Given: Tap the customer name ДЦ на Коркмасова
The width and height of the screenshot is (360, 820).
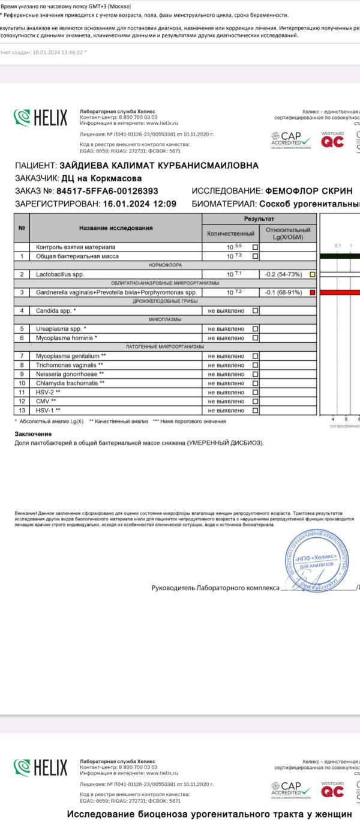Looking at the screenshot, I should tap(101, 178).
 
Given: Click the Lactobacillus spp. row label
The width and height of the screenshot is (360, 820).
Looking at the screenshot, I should tap(61, 274).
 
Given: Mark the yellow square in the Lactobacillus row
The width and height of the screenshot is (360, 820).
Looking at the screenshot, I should tap(312, 274).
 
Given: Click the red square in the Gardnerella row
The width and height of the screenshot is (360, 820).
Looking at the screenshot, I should tap(312, 292).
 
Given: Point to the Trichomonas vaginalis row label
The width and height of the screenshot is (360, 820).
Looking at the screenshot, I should tap(69, 365).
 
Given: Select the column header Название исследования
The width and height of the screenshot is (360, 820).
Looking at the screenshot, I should tap(115, 228).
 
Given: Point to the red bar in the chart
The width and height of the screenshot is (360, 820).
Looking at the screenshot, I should tap(339, 292).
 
